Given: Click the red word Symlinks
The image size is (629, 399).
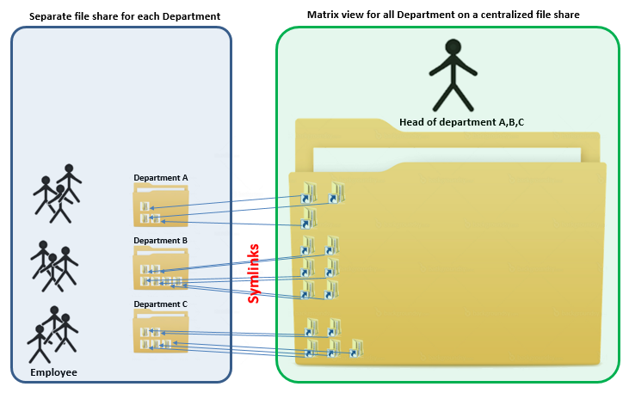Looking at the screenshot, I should pos(254,273).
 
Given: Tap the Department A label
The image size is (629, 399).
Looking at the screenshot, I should pos(160,178).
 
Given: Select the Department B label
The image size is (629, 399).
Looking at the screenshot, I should pos(160,241).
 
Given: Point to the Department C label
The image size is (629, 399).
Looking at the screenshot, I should pos(160,304).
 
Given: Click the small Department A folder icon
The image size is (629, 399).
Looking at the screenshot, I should pos(161,207).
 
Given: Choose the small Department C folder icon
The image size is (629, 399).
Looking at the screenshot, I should pos(161,333).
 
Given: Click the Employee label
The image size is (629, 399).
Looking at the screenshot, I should pos(53,372).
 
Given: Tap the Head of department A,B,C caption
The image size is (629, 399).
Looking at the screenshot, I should pos(462,122).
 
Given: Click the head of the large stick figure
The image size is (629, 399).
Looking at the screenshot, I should pos(451,47).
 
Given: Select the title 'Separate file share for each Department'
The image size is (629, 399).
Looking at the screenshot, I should pos(125,17).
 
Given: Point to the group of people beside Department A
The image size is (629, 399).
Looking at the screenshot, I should pos(57,193).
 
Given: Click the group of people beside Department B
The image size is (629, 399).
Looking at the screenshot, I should pos(53,263).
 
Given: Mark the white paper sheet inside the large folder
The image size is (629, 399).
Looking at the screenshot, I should pos(447,158).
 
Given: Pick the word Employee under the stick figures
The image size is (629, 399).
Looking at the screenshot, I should pos(53,372).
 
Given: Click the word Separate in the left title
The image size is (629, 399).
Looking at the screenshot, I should pos(51,17).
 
